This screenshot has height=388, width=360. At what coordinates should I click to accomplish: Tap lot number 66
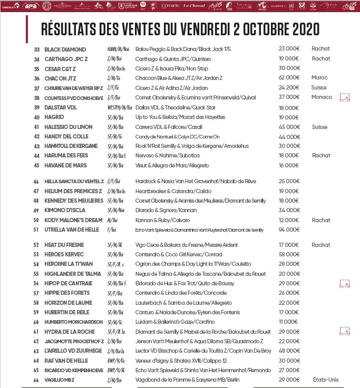point(36,380)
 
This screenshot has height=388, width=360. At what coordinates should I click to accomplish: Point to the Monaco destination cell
point(322,97)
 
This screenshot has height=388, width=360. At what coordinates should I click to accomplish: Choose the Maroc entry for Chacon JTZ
point(319,78)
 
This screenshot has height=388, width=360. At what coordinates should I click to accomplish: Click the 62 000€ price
point(289,78)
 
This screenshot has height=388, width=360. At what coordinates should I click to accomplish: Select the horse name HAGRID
point(54,117)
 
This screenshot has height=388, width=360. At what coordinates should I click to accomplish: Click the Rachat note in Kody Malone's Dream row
point(320,220)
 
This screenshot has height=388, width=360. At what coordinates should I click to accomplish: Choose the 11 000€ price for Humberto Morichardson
point(288,322)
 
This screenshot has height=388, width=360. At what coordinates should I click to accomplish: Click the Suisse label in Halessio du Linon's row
point(319,127)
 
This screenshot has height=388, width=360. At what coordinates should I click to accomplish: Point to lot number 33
point(36,49)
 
